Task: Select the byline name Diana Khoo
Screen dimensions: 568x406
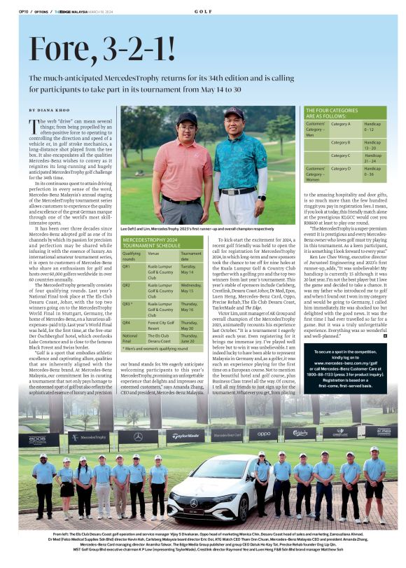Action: coord(56,110)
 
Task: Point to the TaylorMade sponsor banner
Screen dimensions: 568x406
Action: coord(185,436)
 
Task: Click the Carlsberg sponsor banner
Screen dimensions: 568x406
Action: coord(300,433)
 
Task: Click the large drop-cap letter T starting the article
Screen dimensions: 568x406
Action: coord(34,126)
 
